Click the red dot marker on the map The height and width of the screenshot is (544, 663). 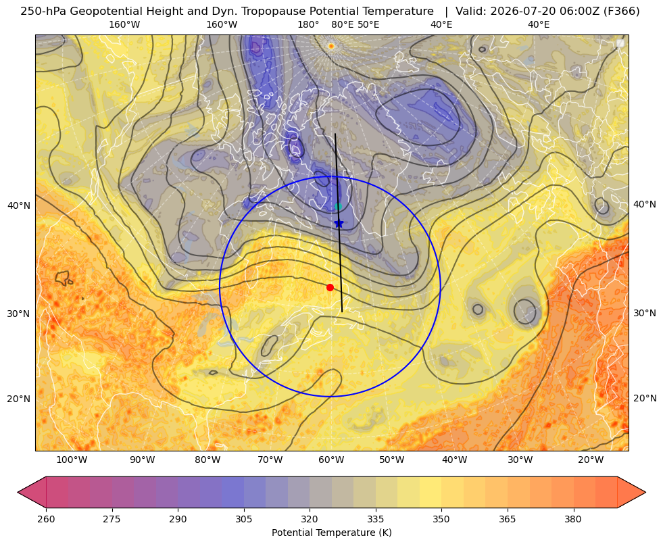tap(330, 287)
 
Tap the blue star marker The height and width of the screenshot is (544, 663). tap(339, 223)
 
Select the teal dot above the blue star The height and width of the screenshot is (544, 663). tap(339, 206)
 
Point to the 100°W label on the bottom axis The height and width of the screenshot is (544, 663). tap(72, 460)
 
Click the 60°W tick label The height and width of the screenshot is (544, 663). tap(330, 460)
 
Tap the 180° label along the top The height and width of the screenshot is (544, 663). tap(308, 24)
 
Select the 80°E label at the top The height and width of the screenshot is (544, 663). tap(342, 24)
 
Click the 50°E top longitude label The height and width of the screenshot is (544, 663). tap(368, 24)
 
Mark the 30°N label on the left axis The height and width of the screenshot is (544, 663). tap(19, 314)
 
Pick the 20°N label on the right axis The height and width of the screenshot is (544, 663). tap(645, 398)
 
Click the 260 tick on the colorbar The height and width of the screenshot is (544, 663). tap(46, 519)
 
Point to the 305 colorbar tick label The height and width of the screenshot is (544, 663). tap(244, 519)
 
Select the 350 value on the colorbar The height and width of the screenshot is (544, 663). tap(441, 519)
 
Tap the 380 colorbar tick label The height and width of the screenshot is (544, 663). tap(573, 519)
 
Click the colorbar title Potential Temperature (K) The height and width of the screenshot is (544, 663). tap(331, 533)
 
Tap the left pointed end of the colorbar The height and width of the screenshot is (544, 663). tap(18, 492)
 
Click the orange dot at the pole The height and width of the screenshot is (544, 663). tap(331, 46)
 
